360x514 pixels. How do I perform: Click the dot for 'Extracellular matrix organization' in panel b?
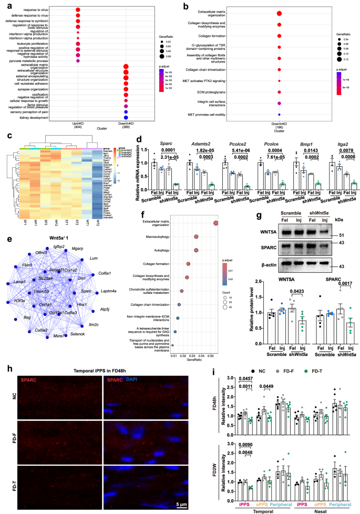click(279, 13)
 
